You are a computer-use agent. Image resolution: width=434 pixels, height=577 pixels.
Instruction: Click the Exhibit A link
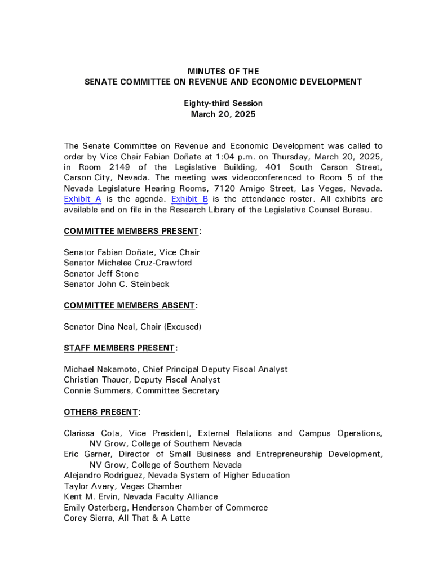coord(82,199)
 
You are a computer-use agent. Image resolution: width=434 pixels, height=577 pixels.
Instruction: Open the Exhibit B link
coord(189,199)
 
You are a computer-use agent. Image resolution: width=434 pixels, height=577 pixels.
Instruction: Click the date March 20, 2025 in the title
coord(223,114)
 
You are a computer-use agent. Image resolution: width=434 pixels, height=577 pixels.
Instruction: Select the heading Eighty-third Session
coord(223,104)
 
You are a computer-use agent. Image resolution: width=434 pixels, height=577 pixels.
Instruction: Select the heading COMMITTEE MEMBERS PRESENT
coord(131,231)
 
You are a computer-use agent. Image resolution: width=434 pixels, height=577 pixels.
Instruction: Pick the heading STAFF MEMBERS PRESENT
coord(119,348)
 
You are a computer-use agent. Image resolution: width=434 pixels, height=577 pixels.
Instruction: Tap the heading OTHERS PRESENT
coord(100,412)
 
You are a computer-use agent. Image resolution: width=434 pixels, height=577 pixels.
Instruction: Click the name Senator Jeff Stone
coord(101,274)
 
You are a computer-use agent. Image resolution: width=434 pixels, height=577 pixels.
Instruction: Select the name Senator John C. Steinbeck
coord(116,284)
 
